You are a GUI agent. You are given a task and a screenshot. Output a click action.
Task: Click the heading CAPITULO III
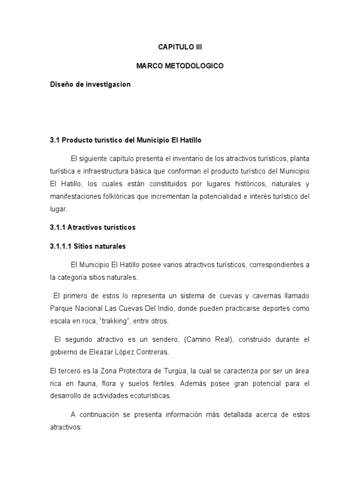click(180, 47)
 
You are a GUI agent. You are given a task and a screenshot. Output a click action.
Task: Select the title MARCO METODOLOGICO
click(180, 66)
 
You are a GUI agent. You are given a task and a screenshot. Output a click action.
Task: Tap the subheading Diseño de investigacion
click(90, 85)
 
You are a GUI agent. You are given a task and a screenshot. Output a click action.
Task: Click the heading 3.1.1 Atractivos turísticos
click(92, 227)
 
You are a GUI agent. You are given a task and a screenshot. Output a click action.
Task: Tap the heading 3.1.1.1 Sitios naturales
click(88, 246)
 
